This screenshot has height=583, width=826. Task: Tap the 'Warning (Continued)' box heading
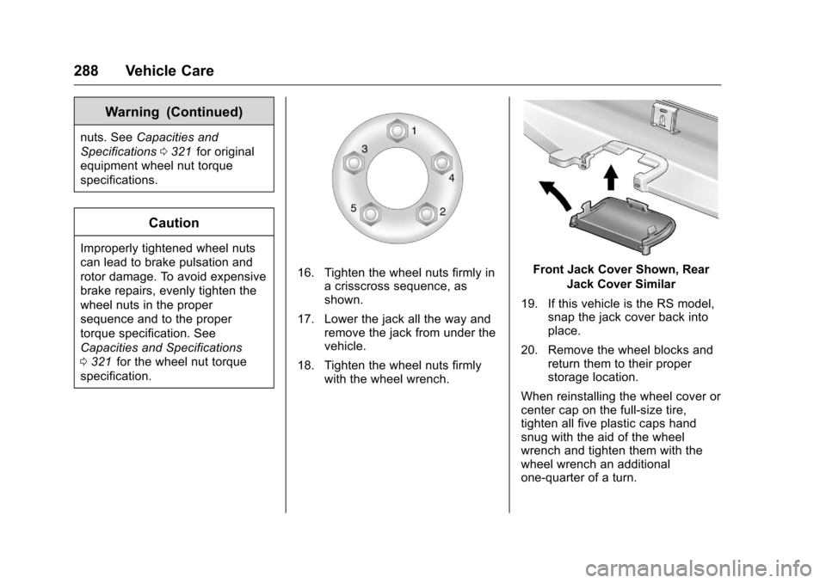(174, 112)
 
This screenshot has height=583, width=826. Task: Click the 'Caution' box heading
(174, 223)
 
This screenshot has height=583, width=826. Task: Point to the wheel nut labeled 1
(397, 132)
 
